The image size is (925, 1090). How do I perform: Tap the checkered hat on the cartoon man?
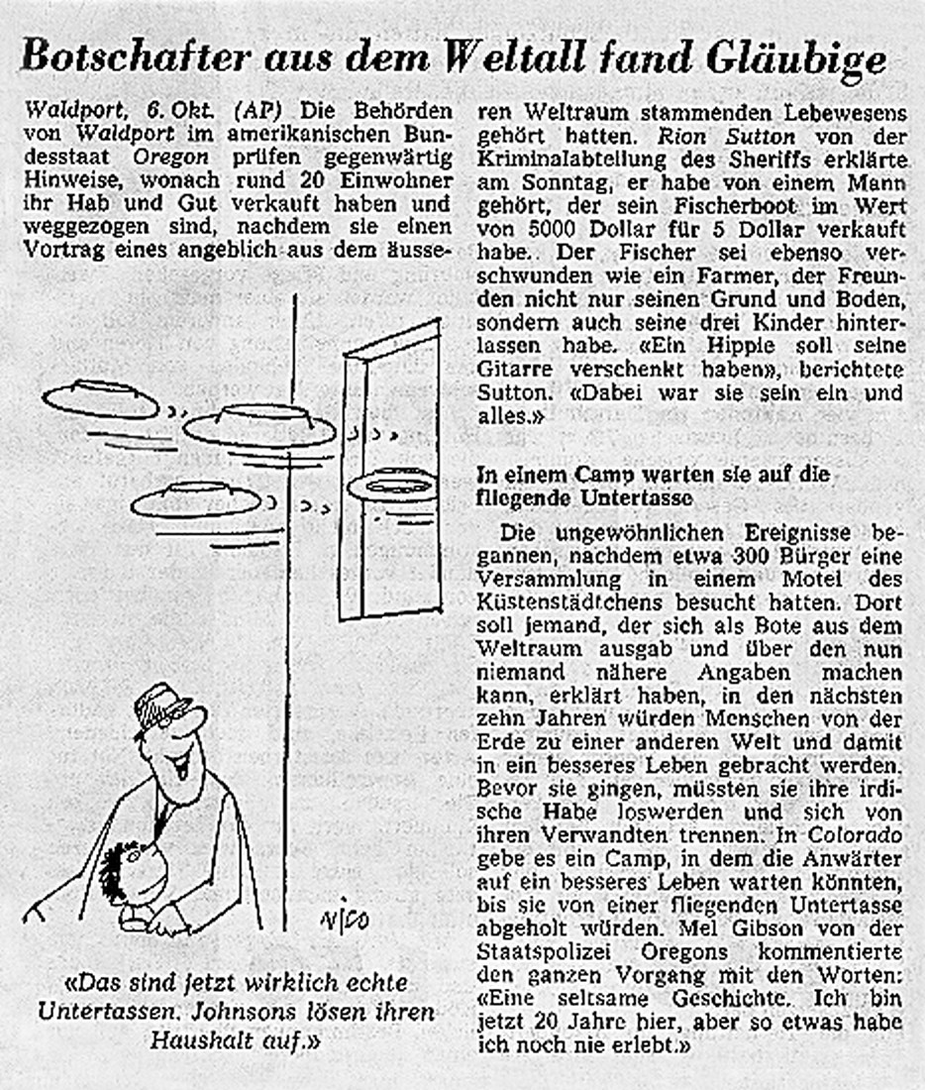click(x=161, y=707)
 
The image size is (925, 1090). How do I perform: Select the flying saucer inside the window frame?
click(x=392, y=486)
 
